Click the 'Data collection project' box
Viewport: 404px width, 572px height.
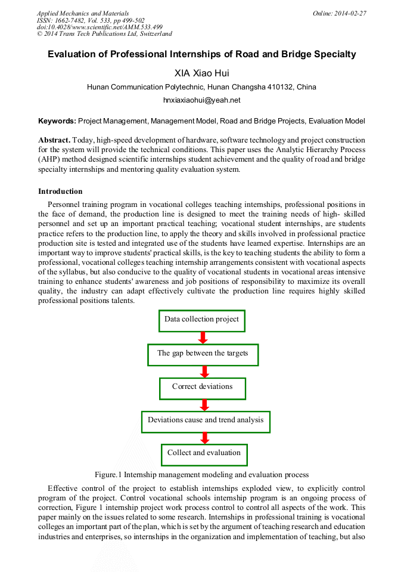coord(202,320)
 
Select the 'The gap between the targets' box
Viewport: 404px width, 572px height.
coord(203,354)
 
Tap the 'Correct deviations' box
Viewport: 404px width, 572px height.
coord(203,388)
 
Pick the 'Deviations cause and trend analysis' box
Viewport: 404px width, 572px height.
coord(206,421)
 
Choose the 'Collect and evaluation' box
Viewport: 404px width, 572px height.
coord(204,454)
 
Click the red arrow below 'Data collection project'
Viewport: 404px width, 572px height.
coord(203,338)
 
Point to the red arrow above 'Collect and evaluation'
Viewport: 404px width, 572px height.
coord(205,438)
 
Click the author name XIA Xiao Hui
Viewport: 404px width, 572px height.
coord(201,73)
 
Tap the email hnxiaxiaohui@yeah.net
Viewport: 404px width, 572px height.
coord(201,100)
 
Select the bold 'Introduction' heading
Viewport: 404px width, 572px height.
coord(60,191)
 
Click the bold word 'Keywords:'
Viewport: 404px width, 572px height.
coord(57,121)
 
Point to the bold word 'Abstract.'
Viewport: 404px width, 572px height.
coord(54,140)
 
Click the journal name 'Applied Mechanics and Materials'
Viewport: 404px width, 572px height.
coord(83,13)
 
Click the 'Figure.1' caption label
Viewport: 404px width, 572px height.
coord(109,475)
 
